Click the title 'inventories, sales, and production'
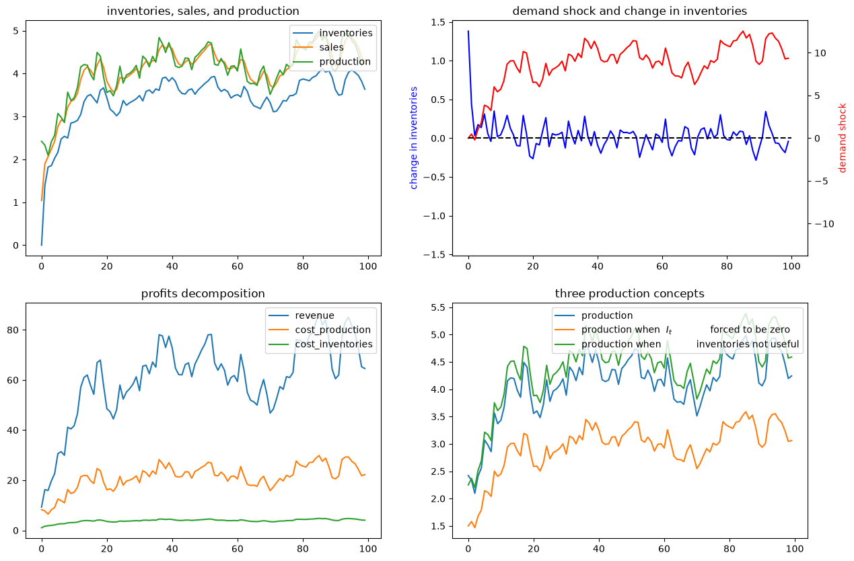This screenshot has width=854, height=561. tap(203, 11)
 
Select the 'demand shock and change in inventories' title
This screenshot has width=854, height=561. tap(629, 11)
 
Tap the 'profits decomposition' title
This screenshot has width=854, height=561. tap(203, 293)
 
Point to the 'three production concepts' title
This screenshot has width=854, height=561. tap(629, 293)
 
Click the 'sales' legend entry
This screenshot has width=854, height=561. tap(331, 47)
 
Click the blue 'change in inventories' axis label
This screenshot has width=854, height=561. tap(414, 138)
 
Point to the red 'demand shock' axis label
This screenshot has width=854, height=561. tap(842, 138)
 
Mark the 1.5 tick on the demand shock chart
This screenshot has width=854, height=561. tap(437, 22)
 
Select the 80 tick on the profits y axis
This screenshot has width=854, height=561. tap(13, 330)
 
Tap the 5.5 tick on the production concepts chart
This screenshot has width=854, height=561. tap(437, 307)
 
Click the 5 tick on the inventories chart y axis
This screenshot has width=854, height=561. tap(15, 31)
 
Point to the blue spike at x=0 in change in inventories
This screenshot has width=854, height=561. tap(468, 31)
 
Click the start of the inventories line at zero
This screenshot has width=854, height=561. tap(42, 245)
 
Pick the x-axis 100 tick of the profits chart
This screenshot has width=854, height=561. tap(368, 549)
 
